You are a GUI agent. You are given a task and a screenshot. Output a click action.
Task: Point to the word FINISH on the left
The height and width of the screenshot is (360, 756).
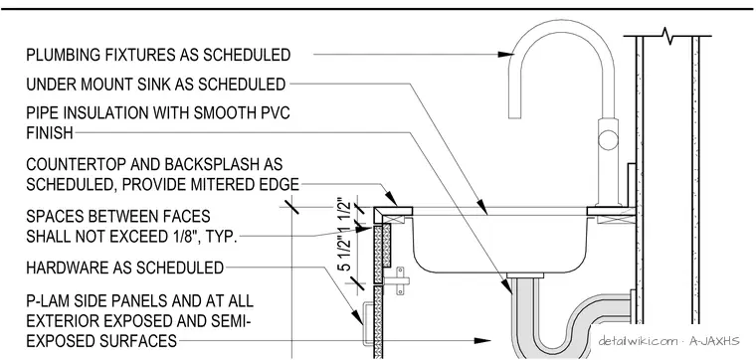[50, 132]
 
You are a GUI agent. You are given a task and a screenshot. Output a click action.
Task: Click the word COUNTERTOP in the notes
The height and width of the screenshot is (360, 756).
[79, 164]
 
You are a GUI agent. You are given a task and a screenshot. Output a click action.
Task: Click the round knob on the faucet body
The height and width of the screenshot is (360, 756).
[608, 140]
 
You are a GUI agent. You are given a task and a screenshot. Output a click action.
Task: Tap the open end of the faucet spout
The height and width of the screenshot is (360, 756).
[516, 117]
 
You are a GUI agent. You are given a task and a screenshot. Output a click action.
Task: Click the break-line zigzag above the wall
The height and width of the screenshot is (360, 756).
[668, 36]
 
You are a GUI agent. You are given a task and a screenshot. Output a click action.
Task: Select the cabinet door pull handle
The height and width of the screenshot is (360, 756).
[366, 324]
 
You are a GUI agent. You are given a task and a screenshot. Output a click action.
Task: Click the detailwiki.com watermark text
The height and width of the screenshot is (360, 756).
[637, 341]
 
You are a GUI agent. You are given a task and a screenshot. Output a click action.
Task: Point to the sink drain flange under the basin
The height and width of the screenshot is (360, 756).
[525, 275]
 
